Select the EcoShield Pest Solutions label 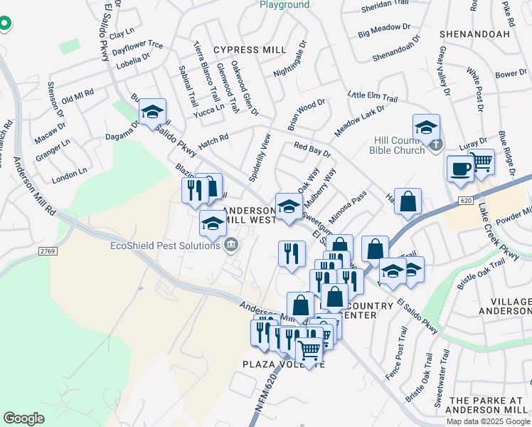click(x=165, y=246)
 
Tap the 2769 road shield click(x=48, y=251)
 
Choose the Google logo click(x=23, y=418)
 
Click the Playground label click(x=284, y=5)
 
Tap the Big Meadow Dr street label click(x=385, y=30)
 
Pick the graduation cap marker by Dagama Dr click(x=152, y=112)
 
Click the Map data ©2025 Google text click(x=488, y=421)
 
